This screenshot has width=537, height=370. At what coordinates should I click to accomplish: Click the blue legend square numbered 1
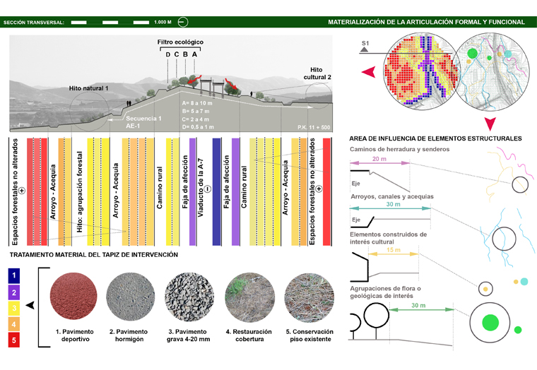coord(14,275)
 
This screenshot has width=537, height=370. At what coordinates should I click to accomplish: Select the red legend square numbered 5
coord(14,340)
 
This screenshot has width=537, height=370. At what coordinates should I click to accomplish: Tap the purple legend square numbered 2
coord(14,292)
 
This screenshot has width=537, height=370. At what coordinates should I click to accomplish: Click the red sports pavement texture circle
coord(73,296)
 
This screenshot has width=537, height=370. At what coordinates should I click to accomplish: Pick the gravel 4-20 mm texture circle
coord(189,297)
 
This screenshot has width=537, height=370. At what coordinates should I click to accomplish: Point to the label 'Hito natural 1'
coord(89,88)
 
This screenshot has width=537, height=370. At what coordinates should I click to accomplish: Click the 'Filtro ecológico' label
coord(180,42)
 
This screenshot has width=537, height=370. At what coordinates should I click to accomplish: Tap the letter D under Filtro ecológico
coord(168,54)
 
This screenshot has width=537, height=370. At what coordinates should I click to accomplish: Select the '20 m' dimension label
coord(379,159)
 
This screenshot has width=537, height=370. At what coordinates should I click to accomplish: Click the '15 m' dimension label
coord(394,250)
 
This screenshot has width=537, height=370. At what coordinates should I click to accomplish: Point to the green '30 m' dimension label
coord(418,305)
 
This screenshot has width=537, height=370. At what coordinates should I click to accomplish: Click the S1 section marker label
coord(365,44)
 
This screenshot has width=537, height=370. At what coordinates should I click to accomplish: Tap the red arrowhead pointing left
coord(369,72)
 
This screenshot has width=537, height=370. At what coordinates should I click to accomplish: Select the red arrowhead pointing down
coord(490,124)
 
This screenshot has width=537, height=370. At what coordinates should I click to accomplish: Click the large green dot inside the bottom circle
coord(490,323)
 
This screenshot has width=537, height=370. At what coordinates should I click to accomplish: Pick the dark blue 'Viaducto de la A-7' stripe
coord(216,191)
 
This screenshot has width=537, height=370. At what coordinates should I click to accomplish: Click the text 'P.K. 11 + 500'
coord(314,127)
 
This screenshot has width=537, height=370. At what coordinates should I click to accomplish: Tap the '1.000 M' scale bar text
coord(163,23)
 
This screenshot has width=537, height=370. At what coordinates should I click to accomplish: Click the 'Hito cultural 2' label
coord(317,73)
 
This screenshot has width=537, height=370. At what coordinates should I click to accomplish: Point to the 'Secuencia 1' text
coord(143,119)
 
